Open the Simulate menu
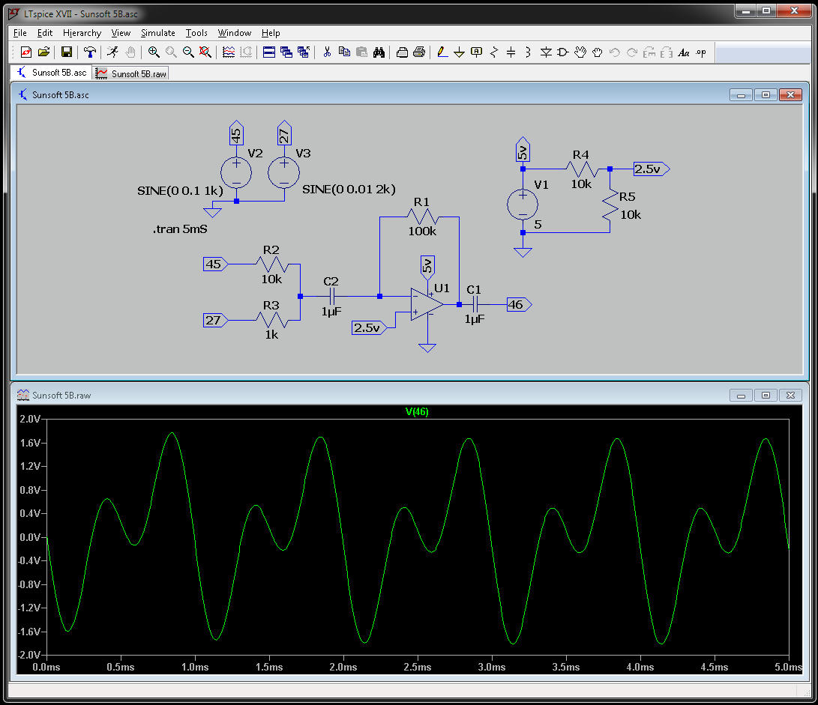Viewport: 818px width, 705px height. point(157,33)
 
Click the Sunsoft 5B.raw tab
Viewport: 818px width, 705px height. point(131,73)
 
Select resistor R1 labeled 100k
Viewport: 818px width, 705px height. point(421,217)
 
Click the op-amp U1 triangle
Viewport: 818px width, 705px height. point(426,305)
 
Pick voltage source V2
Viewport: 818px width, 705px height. point(236,172)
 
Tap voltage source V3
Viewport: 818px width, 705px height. point(284,172)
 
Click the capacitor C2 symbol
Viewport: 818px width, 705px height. point(330,297)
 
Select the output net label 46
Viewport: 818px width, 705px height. point(518,305)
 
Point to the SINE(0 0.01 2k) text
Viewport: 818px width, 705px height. point(348,190)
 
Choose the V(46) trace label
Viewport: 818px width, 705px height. point(416,411)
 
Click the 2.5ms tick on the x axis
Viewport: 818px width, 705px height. point(417,667)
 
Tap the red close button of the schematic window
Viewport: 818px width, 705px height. point(790,95)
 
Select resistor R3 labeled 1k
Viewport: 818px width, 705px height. point(271,320)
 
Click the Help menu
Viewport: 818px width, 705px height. point(271,33)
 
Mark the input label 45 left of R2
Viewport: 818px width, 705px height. point(215,264)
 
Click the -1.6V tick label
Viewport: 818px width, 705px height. point(28,632)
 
